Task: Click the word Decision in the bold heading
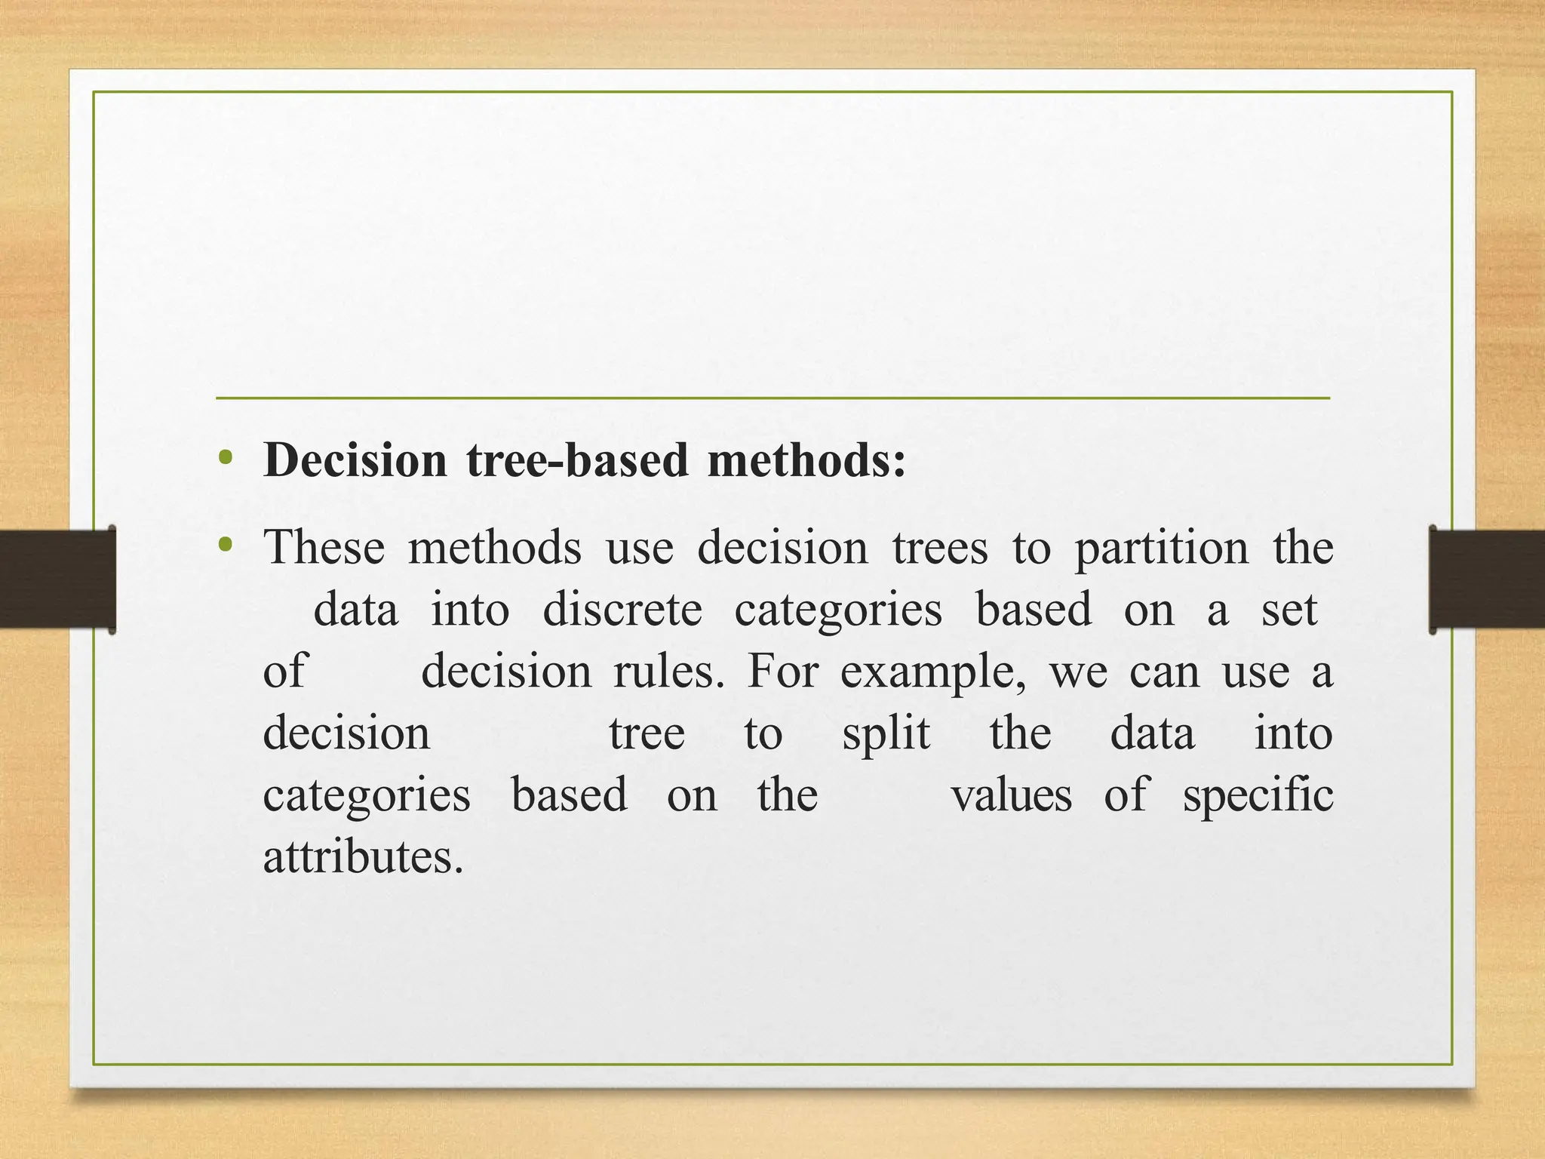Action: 355,460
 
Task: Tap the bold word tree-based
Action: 577,460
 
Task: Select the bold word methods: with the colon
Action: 806,460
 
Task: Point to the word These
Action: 324,548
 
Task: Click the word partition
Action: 1161,548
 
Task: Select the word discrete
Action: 622,610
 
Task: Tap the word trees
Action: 939,548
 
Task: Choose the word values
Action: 1011,796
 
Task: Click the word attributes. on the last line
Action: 363,858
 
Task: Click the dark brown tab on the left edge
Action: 57,579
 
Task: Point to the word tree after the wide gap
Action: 647,733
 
